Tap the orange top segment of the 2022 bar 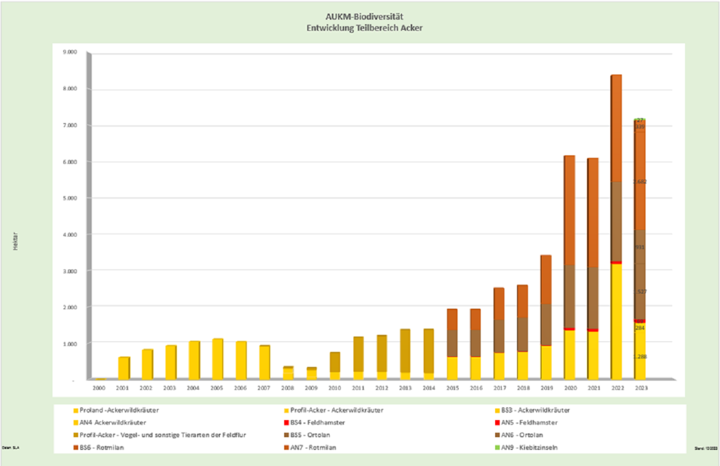616,128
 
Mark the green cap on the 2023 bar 639,119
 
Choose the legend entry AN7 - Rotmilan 313,447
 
